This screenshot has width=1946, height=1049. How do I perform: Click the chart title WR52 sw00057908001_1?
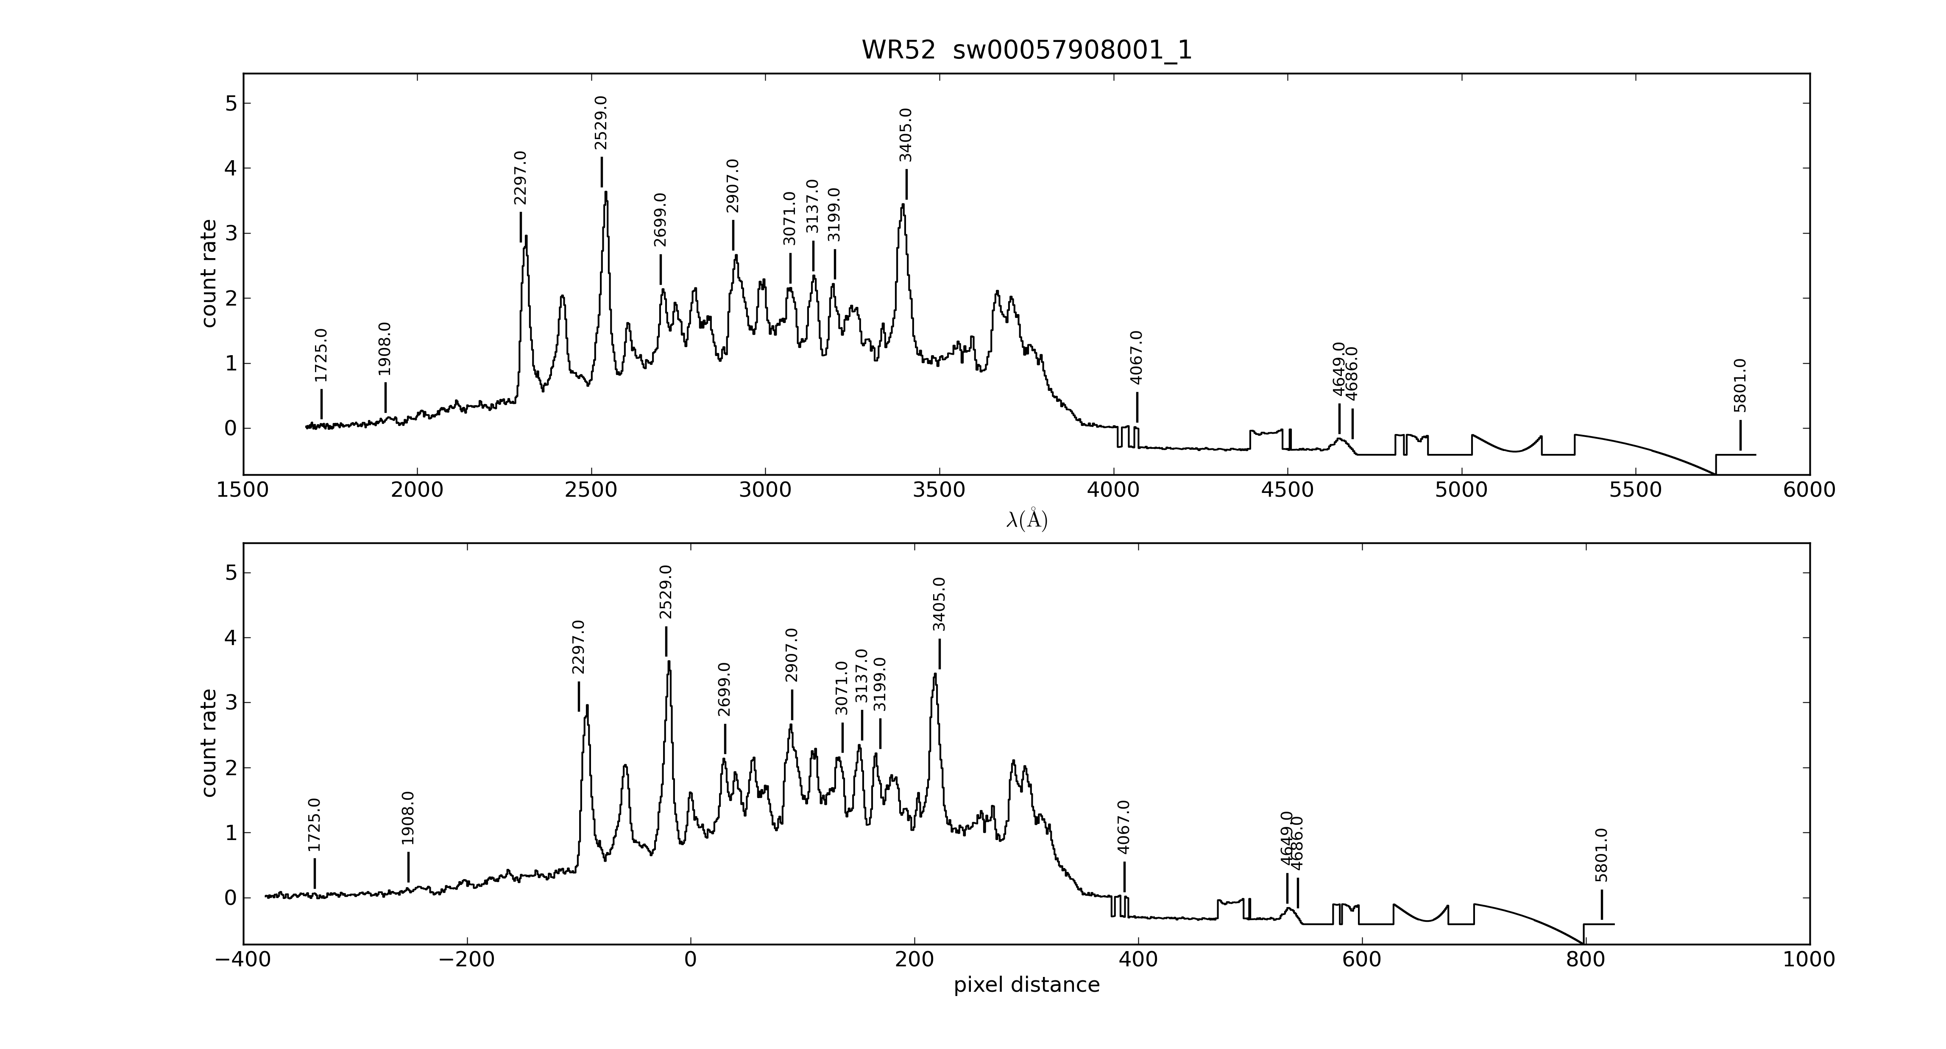coord(1027,50)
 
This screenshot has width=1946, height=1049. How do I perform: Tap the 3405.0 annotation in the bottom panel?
coord(939,604)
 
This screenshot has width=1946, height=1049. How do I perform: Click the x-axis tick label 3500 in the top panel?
coord(939,490)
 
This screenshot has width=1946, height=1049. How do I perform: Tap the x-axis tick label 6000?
coord(1809,490)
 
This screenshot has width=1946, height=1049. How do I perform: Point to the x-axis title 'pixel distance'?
coord(1027,985)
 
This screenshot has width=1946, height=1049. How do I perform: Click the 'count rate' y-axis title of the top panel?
coord(209,273)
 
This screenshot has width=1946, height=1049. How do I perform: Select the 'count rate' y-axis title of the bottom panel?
coord(209,743)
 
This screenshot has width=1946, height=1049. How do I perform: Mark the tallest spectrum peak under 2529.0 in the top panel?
coord(606,192)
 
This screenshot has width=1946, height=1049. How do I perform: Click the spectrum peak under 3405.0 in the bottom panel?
coord(935,674)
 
